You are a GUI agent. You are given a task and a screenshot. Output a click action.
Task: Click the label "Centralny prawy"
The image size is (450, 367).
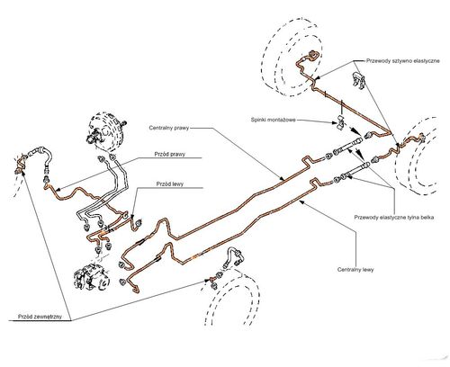pyautogui.click(x=169, y=128)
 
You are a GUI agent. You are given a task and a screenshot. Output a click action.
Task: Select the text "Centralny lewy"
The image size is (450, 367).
pyautogui.click(x=355, y=270)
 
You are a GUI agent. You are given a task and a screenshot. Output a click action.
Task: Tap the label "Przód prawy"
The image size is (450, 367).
pyautogui.click(x=170, y=154)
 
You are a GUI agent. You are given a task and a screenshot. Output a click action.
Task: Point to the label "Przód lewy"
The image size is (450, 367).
pyautogui.click(x=170, y=183)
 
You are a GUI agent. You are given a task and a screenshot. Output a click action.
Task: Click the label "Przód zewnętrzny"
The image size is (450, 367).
pyautogui.click(x=40, y=317)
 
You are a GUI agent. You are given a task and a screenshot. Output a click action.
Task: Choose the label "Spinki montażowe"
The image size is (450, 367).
pyautogui.click(x=273, y=120)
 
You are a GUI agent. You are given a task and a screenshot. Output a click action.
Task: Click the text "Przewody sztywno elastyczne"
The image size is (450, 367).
pyautogui.click(x=403, y=61)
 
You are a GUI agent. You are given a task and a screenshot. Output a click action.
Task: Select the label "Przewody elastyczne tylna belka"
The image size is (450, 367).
pyautogui.click(x=394, y=218)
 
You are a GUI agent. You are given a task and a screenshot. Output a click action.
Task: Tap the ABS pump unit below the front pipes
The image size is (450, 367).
pyautogui.click(x=92, y=276)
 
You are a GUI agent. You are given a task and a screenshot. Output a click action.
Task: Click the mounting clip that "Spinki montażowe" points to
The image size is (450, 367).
pyautogui.click(x=340, y=122)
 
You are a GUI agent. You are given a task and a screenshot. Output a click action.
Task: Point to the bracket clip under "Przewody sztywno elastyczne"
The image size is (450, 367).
pyautogui.click(x=359, y=80)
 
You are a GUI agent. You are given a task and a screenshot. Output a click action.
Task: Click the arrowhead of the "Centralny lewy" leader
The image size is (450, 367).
pyautogui.click(x=301, y=202)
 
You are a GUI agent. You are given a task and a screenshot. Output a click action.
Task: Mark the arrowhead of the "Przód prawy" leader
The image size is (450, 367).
pyautogui.click(x=58, y=190)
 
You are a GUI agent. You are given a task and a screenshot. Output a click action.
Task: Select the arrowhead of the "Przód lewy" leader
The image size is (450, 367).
pyautogui.click(x=132, y=215)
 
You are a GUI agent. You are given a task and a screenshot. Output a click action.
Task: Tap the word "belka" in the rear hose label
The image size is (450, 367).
pyautogui.click(x=427, y=218)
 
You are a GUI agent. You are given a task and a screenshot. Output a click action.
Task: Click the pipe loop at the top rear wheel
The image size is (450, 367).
pyautogui.click(x=313, y=56)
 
